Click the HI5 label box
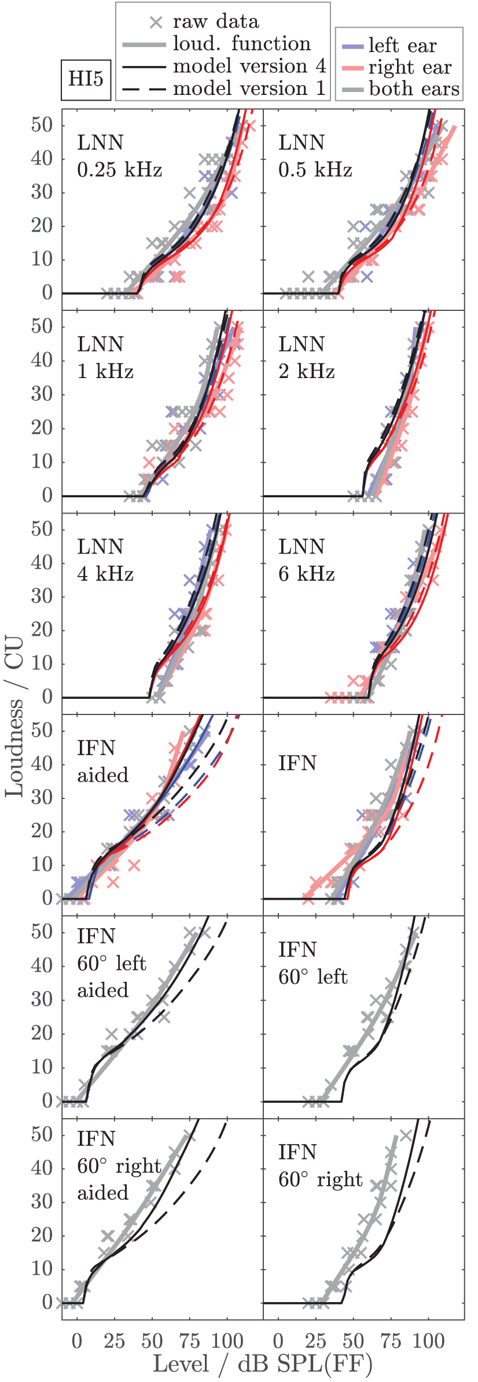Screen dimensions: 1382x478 86,79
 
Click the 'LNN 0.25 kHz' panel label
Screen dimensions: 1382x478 119,156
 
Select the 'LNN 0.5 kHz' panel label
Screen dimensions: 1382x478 315,156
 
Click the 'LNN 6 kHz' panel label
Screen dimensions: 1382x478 306,560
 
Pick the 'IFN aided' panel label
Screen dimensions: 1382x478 102,761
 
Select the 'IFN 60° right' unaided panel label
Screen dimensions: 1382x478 320,1165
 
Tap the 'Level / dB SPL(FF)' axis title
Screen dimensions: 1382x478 262,1363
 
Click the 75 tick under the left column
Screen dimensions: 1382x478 189,1340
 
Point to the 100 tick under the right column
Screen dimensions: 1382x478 428,1340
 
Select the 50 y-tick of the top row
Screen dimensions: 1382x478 42,124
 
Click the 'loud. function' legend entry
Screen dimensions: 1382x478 241,44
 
